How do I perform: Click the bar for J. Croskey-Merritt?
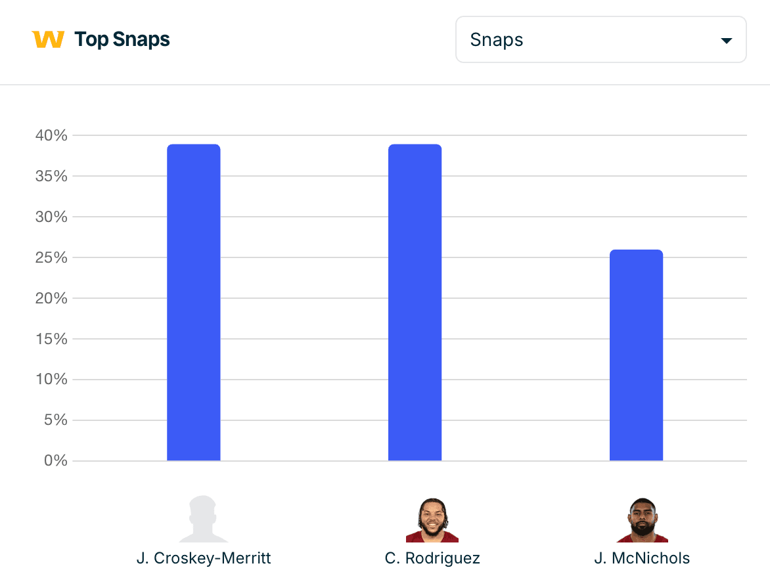194,302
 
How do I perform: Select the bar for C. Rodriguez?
415,302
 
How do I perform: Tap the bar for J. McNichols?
636,355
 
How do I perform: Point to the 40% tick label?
51,136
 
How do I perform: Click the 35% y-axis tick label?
51,177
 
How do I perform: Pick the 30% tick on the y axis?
51,217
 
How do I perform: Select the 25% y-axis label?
51,258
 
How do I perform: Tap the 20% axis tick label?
51,299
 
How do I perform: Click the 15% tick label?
51,340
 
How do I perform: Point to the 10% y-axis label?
51,380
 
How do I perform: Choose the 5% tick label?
55,420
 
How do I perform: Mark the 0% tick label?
55,461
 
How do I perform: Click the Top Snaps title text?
122,40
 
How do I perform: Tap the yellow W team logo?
48,39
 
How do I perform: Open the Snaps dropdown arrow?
726,41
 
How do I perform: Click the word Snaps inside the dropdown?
497,40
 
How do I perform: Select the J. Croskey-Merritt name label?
204,559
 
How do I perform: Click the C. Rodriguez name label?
432,559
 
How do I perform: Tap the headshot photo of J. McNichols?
642,520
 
